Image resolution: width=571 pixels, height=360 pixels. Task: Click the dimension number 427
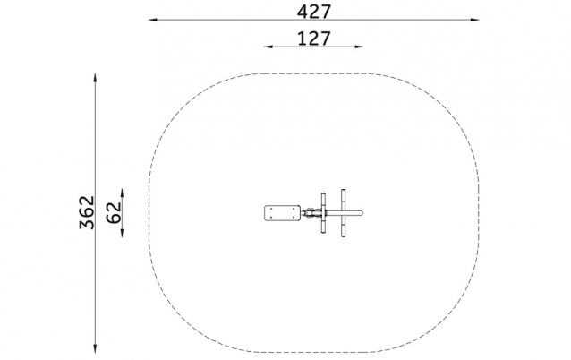[x=314, y=12]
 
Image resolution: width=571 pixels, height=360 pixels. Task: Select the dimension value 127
[x=314, y=39]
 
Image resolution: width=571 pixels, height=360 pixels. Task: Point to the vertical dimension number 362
[x=87, y=213]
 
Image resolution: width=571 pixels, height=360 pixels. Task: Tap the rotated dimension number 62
[x=114, y=212]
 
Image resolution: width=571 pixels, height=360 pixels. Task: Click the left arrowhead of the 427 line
[x=152, y=20]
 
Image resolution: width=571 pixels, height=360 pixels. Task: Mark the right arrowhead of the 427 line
[x=475, y=20]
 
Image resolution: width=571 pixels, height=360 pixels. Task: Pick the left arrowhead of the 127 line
[x=268, y=47]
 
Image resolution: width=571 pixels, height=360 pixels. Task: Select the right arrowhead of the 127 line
[x=359, y=47]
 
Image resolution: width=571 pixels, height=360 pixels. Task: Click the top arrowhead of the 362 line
[x=95, y=78]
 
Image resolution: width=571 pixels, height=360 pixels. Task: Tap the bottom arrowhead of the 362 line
[x=95, y=348]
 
